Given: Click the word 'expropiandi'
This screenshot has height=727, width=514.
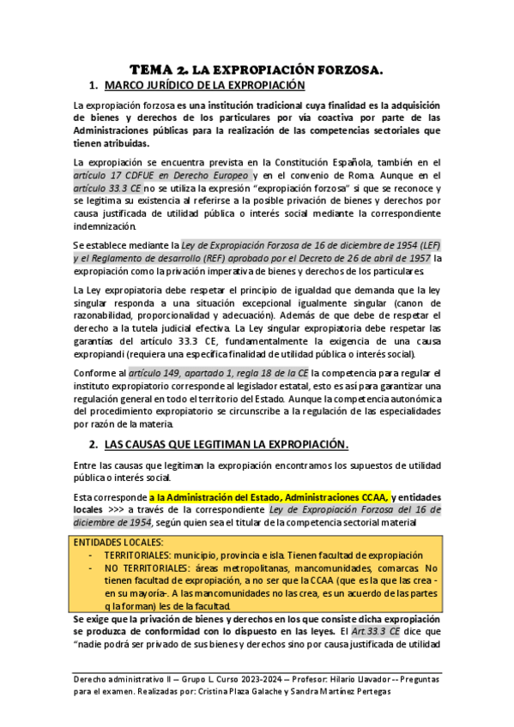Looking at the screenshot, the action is [100, 353].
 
